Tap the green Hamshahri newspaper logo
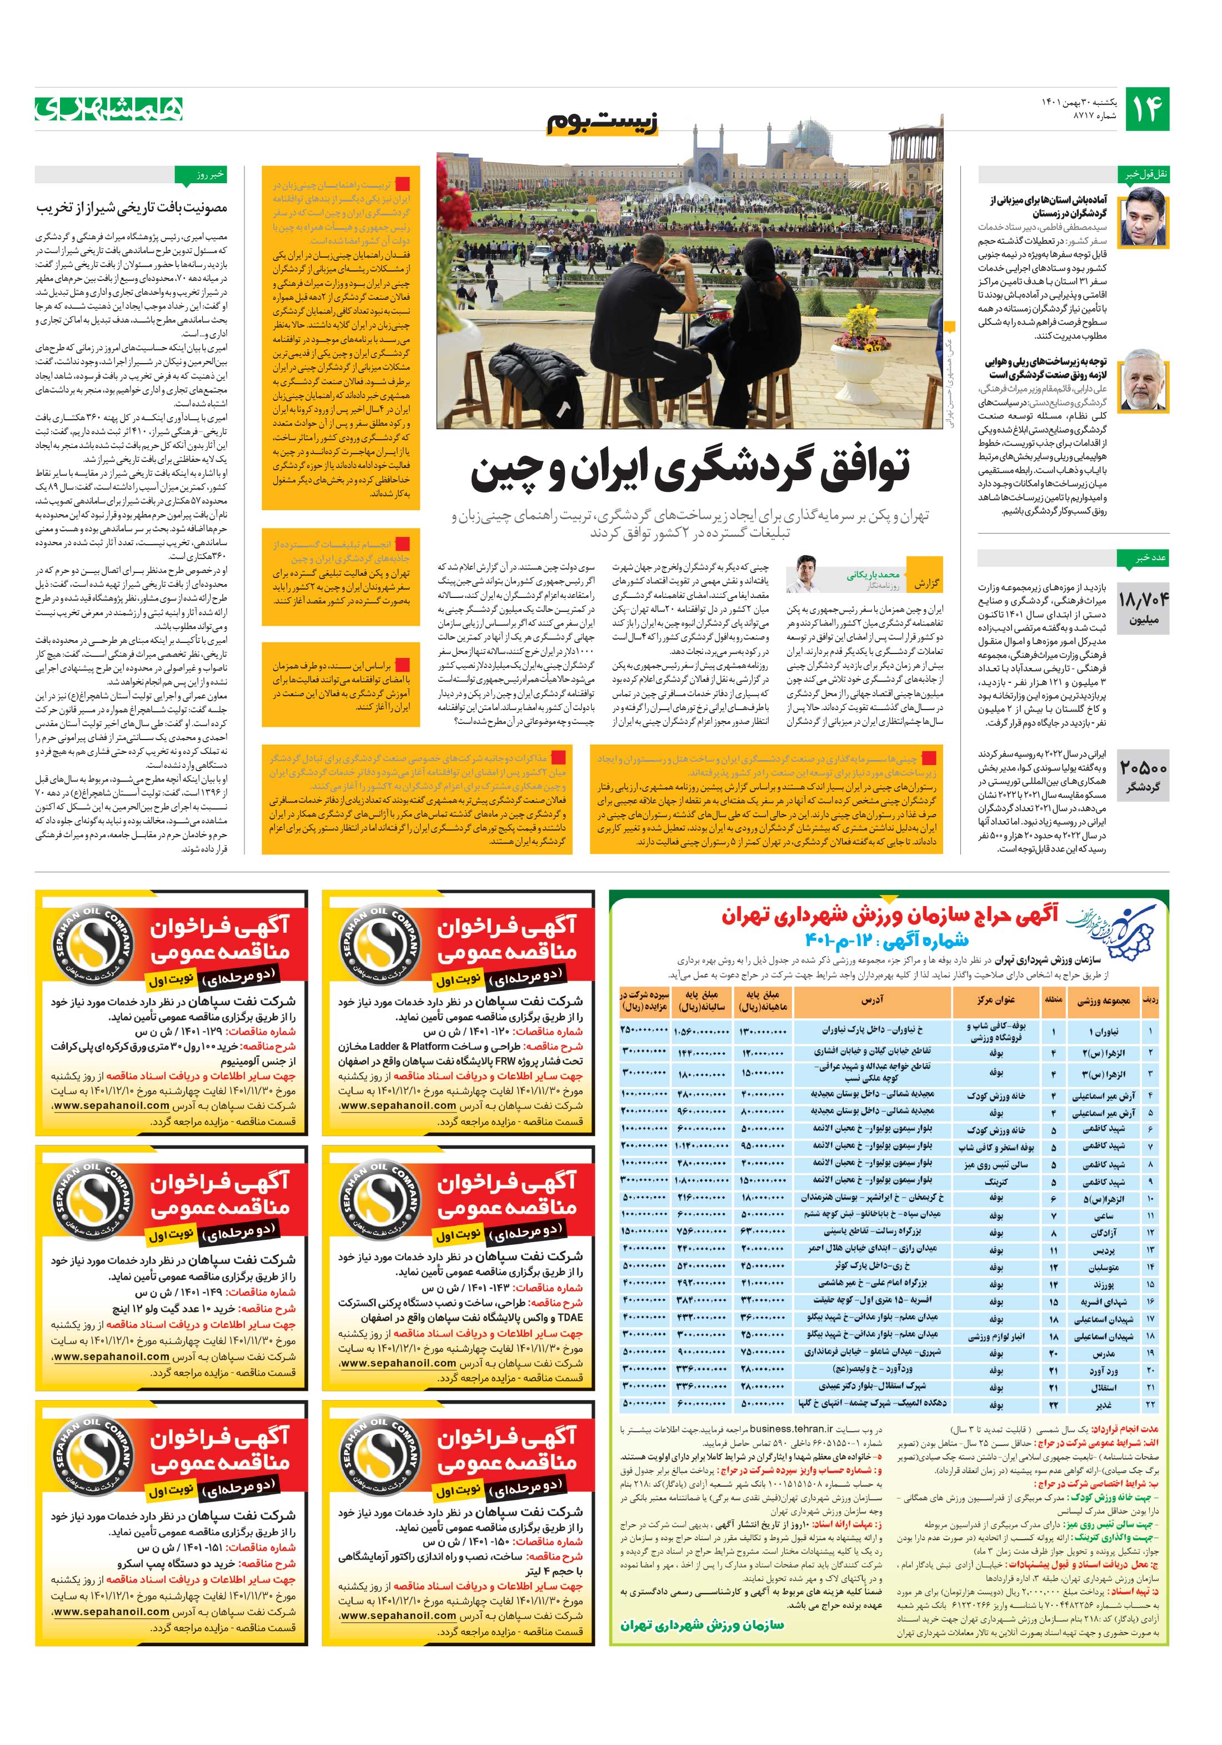pos(109,109)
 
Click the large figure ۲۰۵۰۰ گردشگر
pos(1143,775)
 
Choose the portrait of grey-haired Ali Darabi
pos(1143,380)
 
